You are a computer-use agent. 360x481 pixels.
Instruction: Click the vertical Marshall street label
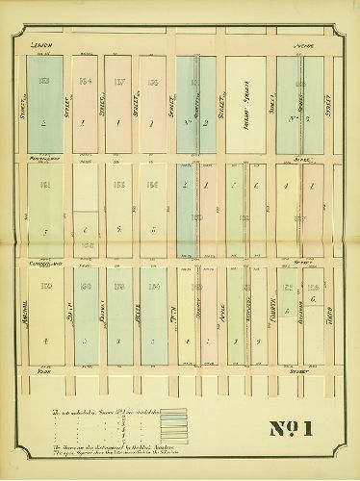pyautogui.click(x=20, y=313)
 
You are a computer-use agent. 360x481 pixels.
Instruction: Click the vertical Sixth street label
pyautogui.click(x=64, y=313)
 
